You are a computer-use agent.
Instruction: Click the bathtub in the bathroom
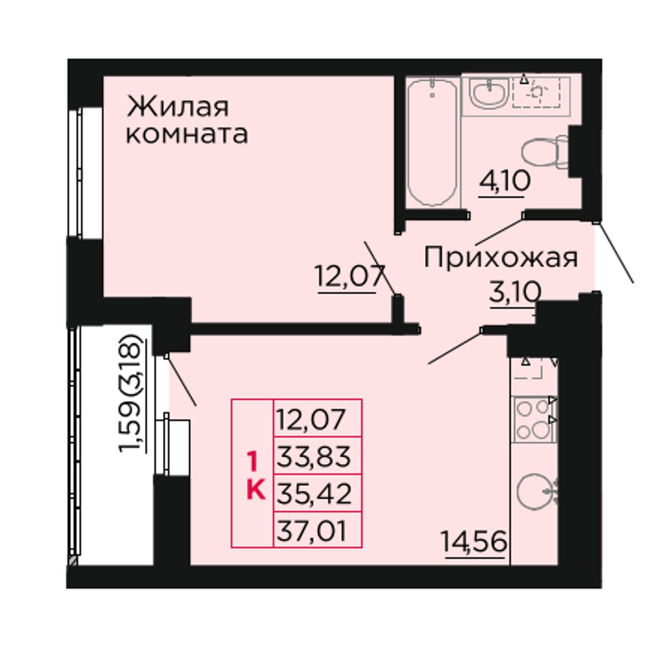[432, 142]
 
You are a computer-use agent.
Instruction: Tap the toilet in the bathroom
[544, 152]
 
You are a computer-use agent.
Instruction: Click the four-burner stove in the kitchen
[533, 419]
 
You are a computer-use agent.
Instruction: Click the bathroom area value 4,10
[505, 181]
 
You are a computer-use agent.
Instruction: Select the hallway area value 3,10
[515, 292]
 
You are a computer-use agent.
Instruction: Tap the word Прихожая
[500, 257]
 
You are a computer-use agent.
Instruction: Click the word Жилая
[178, 107]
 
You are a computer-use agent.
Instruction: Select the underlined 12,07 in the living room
[349, 277]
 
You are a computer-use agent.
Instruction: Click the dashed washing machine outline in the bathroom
[536, 92]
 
